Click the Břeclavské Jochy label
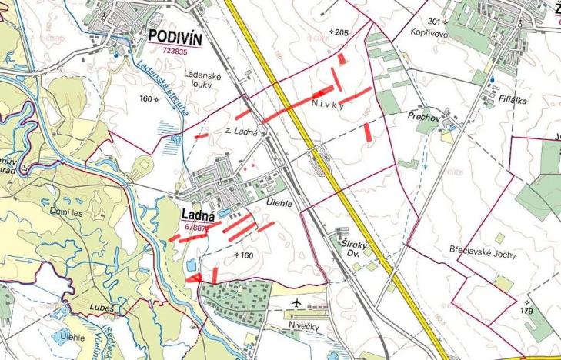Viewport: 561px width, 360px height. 483,252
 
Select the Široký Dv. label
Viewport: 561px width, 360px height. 350,246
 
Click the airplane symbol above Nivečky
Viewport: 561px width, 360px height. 298,304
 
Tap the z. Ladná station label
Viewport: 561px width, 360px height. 242,132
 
